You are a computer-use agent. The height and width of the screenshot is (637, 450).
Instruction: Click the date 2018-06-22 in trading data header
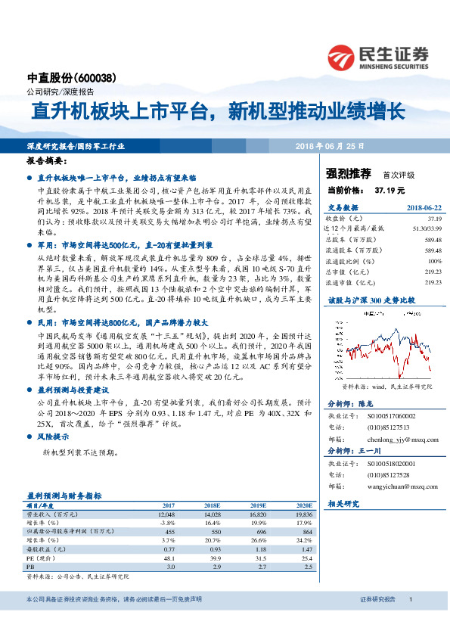[424, 207]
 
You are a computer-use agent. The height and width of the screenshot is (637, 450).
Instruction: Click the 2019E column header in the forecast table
[259, 505]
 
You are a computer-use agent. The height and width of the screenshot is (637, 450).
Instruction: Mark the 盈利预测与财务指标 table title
[64, 495]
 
